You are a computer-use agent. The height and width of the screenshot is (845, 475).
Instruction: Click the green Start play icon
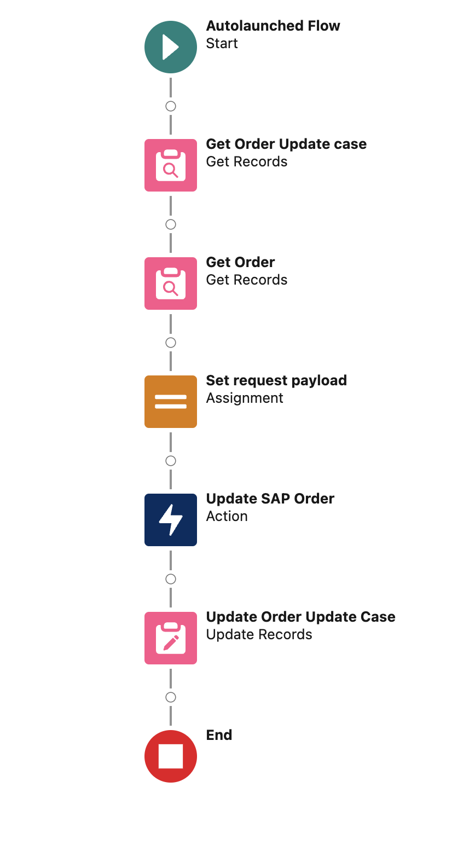click(x=171, y=47)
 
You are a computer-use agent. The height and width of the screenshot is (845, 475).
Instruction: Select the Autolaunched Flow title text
click(x=273, y=26)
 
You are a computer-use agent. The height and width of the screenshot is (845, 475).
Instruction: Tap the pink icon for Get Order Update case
click(x=171, y=165)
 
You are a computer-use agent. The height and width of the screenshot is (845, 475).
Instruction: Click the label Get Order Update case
click(x=286, y=144)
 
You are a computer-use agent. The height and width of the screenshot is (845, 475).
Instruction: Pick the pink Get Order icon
click(x=171, y=283)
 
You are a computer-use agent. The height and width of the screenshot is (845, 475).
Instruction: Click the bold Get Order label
click(x=240, y=262)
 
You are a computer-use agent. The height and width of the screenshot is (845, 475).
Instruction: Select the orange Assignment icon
click(x=171, y=402)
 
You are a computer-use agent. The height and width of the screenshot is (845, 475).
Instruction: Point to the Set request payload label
click(x=276, y=380)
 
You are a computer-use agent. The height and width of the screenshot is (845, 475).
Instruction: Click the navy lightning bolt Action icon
click(x=171, y=520)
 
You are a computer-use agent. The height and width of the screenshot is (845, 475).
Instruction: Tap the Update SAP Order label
click(x=270, y=499)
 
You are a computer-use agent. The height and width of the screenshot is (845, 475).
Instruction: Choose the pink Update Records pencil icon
click(x=171, y=638)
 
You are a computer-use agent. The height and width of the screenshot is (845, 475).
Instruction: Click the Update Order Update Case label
click(x=300, y=617)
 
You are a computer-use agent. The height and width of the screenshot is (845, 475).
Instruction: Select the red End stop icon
click(x=171, y=756)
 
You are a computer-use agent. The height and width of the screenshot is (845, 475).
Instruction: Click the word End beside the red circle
click(x=219, y=735)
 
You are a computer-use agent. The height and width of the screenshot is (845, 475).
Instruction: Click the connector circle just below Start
click(x=171, y=106)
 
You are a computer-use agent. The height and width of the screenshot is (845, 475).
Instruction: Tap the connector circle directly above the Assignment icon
click(x=171, y=343)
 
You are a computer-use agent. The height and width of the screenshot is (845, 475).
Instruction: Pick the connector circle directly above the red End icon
click(x=171, y=697)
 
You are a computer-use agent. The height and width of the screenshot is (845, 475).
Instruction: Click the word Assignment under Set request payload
click(x=245, y=398)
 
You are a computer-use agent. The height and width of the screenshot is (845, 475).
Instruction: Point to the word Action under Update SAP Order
click(x=227, y=516)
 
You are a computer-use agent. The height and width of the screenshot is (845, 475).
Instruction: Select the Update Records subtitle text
click(x=259, y=634)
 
